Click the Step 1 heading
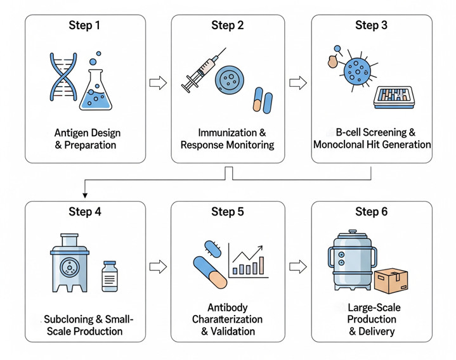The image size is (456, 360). [x=85, y=26]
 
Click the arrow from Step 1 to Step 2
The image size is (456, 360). [x=158, y=82]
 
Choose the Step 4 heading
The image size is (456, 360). [x=85, y=212]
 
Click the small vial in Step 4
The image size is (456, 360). [x=110, y=276]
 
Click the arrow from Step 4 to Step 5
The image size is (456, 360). [x=158, y=266]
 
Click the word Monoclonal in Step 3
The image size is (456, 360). [x=346, y=145]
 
